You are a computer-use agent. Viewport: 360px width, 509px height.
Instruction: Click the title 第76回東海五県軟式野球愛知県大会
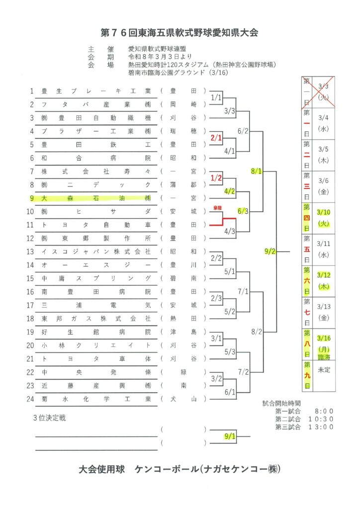(180, 33)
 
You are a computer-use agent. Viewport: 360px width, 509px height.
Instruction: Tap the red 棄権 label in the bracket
(217, 208)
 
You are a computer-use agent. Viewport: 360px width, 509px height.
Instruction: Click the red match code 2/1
(216, 137)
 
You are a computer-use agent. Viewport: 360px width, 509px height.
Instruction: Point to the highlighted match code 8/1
(257, 171)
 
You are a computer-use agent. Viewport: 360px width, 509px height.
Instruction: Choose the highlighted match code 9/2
(270, 252)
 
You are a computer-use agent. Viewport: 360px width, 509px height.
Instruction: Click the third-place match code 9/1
(230, 437)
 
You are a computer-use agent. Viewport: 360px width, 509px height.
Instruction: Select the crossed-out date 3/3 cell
(324, 91)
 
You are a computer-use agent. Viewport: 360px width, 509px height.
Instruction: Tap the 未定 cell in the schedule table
(324, 370)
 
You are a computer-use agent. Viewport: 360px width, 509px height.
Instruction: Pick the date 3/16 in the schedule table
(324, 339)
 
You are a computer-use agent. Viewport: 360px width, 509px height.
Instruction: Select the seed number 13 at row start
(31, 252)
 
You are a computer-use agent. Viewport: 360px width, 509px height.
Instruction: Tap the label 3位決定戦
(49, 418)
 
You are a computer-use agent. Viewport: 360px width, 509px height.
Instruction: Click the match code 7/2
(243, 371)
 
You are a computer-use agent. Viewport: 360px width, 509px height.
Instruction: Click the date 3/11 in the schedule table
(324, 244)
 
